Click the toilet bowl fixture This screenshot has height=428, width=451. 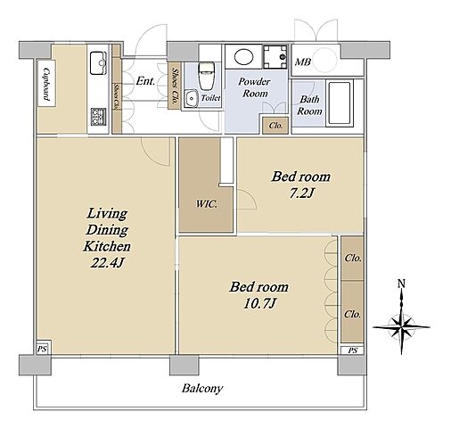click(x=207, y=76)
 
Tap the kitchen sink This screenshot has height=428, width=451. click(x=98, y=63)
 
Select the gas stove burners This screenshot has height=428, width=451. click(x=98, y=117)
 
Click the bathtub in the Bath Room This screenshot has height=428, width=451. click(x=340, y=103)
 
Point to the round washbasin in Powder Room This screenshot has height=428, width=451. click(x=244, y=56)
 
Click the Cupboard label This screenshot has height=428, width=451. click(x=46, y=84)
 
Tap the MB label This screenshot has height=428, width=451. click(x=303, y=62)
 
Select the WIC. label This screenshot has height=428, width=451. click(x=207, y=204)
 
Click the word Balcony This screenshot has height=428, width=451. click(x=202, y=389)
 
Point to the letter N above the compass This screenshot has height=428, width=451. click(x=401, y=284)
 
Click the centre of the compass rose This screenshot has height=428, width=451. click(x=402, y=326)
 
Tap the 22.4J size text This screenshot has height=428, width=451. click(x=107, y=263)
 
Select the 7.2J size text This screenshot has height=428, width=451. click(x=301, y=193)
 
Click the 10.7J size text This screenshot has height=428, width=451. click(x=260, y=303)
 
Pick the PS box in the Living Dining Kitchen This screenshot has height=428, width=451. click(x=43, y=349)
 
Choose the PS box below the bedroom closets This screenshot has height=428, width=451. click(x=353, y=350)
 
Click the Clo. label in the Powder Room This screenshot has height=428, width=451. click(x=275, y=126)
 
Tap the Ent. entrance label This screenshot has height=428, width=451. click(x=145, y=81)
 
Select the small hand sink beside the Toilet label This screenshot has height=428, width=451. click(x=190, y=98)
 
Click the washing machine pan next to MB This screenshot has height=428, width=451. click(x=275, y=56)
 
